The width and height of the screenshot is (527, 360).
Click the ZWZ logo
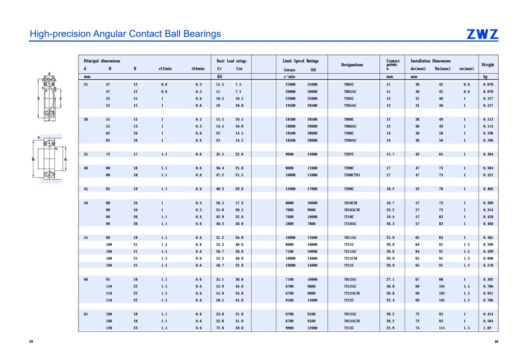[482, 34]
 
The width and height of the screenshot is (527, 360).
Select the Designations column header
[352, 64]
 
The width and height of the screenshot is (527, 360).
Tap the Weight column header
[487, 64]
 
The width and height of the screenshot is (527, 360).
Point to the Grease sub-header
[289, 70]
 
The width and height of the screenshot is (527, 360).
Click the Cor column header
[239, 68]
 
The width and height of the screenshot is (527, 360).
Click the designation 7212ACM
[351, 293]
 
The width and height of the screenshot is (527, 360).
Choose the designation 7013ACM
[351, 321]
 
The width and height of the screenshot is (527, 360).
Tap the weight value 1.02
[488, 328]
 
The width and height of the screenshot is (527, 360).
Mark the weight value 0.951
[488, 293]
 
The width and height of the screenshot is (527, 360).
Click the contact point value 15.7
[390, 155]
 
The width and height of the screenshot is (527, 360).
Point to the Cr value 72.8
[220, 328]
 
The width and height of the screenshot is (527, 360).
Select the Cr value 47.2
[220, 175]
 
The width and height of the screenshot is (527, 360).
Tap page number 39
[31, 341]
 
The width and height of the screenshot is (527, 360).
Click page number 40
[496, 341]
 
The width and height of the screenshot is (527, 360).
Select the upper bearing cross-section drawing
[49, 97]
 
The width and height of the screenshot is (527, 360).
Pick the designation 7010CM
[350, 203]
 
